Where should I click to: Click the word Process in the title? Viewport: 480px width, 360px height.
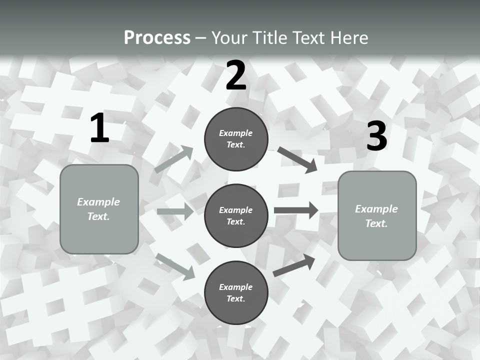[157, 38]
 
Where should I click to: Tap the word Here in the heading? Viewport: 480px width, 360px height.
[348, 38]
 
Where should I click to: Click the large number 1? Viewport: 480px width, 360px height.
[99, 128]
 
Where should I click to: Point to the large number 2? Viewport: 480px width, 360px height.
[236, 75]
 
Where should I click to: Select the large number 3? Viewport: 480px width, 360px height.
[376, 136]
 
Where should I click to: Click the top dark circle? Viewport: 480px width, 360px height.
[236, 139]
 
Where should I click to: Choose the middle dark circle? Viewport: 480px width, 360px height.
[236, 215]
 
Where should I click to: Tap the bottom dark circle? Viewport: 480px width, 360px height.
[236, 292]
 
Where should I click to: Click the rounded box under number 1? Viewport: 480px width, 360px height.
[99, 208]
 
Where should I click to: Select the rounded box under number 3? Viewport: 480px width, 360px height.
[377, 215]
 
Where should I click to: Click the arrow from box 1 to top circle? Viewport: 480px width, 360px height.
[174, 159]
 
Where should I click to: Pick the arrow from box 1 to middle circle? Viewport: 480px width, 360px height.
[175, 211]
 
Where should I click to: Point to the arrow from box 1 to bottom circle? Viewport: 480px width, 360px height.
[175, 266]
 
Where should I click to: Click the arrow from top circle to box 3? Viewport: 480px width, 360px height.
[297, 159]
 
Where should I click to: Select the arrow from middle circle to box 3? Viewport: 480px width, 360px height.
[296, 210]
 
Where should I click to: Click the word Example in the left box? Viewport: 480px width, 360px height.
[98, 202]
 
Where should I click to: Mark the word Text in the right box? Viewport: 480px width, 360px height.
[376, 223]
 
